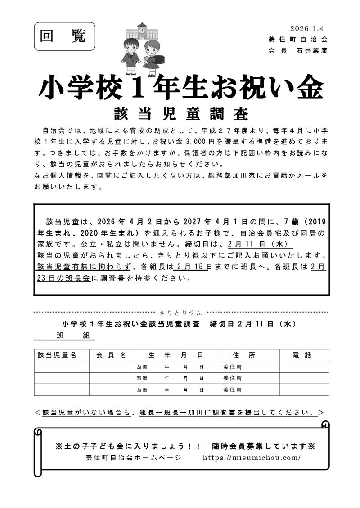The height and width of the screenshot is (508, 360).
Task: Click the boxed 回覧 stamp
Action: click(x=64, y=36)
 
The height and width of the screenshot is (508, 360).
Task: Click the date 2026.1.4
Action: click(x=308, y=28)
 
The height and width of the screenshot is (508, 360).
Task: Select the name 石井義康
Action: click(x=312, y=51)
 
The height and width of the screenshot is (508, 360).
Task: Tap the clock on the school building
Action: click(x=142, y=31)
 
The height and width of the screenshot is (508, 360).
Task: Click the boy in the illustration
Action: click(x=131, y=56)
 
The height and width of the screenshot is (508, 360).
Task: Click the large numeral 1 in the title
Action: click(x=135, y=89)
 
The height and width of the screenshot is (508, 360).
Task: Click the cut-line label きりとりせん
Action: click(x=181, y=312)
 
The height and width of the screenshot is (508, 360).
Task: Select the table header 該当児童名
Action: click(x=57, y=355)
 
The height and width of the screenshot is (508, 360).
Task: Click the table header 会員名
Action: click(x=111, y=355)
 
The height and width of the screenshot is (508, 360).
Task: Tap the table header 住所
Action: click(x=244, y=355)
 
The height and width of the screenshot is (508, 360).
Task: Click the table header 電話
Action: click(x=301, y=355)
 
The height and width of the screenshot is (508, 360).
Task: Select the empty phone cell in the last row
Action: click(x=304, y=390)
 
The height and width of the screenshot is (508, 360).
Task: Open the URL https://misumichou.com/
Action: click(x=252, y=458)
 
